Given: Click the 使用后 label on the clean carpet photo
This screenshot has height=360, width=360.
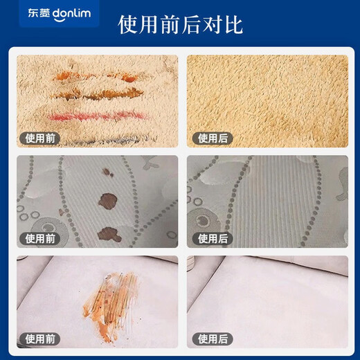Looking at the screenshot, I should tap(213, 138).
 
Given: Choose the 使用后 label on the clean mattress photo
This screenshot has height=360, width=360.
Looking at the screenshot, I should tap(213, 238).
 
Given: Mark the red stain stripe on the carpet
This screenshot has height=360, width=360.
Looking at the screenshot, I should tap(97, 115).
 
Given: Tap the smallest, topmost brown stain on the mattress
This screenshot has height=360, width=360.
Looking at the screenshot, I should tap(107, 171).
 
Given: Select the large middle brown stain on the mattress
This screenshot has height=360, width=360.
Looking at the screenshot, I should tap(107, 201).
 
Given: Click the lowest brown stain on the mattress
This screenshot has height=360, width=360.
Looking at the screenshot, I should tap(109, 233).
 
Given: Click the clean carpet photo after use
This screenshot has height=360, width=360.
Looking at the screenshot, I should tap(266, 97).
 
